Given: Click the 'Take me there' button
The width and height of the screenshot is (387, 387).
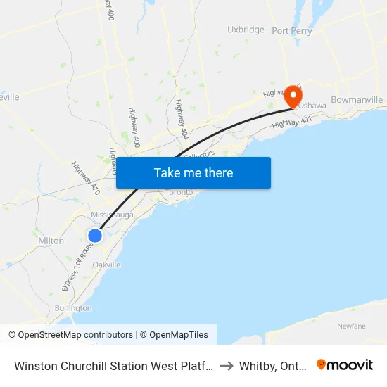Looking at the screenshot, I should click(x=193, y=172).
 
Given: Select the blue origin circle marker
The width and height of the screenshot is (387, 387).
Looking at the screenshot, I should click(x=95, y=236).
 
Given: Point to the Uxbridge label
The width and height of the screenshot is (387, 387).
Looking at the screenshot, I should click(x=246, y=30).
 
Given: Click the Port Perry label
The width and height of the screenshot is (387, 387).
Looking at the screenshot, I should click(x=292, y=30).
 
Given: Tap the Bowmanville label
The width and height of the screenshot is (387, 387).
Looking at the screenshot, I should click(x=357, y=100).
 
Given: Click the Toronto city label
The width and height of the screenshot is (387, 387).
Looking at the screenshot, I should click(x=179, y=192).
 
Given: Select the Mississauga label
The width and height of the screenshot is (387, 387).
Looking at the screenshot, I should click(x=112, y=215).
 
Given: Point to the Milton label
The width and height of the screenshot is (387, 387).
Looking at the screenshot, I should click(x=51, y=241).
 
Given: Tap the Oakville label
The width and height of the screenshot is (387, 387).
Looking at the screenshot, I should click(x=106, y=265).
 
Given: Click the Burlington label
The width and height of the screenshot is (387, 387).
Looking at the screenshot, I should click(x=73, y=308).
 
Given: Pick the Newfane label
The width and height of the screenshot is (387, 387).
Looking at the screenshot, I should click(x=351, y=326).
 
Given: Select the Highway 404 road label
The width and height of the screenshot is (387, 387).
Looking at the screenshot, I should click(x=182, y=118).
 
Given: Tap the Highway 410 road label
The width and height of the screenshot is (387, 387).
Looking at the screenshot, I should click(x=86, y=177).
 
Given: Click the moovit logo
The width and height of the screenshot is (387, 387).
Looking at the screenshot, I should click(x=345, y=364).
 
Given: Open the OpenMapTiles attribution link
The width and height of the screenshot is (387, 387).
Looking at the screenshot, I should click(x=174, y=335).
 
